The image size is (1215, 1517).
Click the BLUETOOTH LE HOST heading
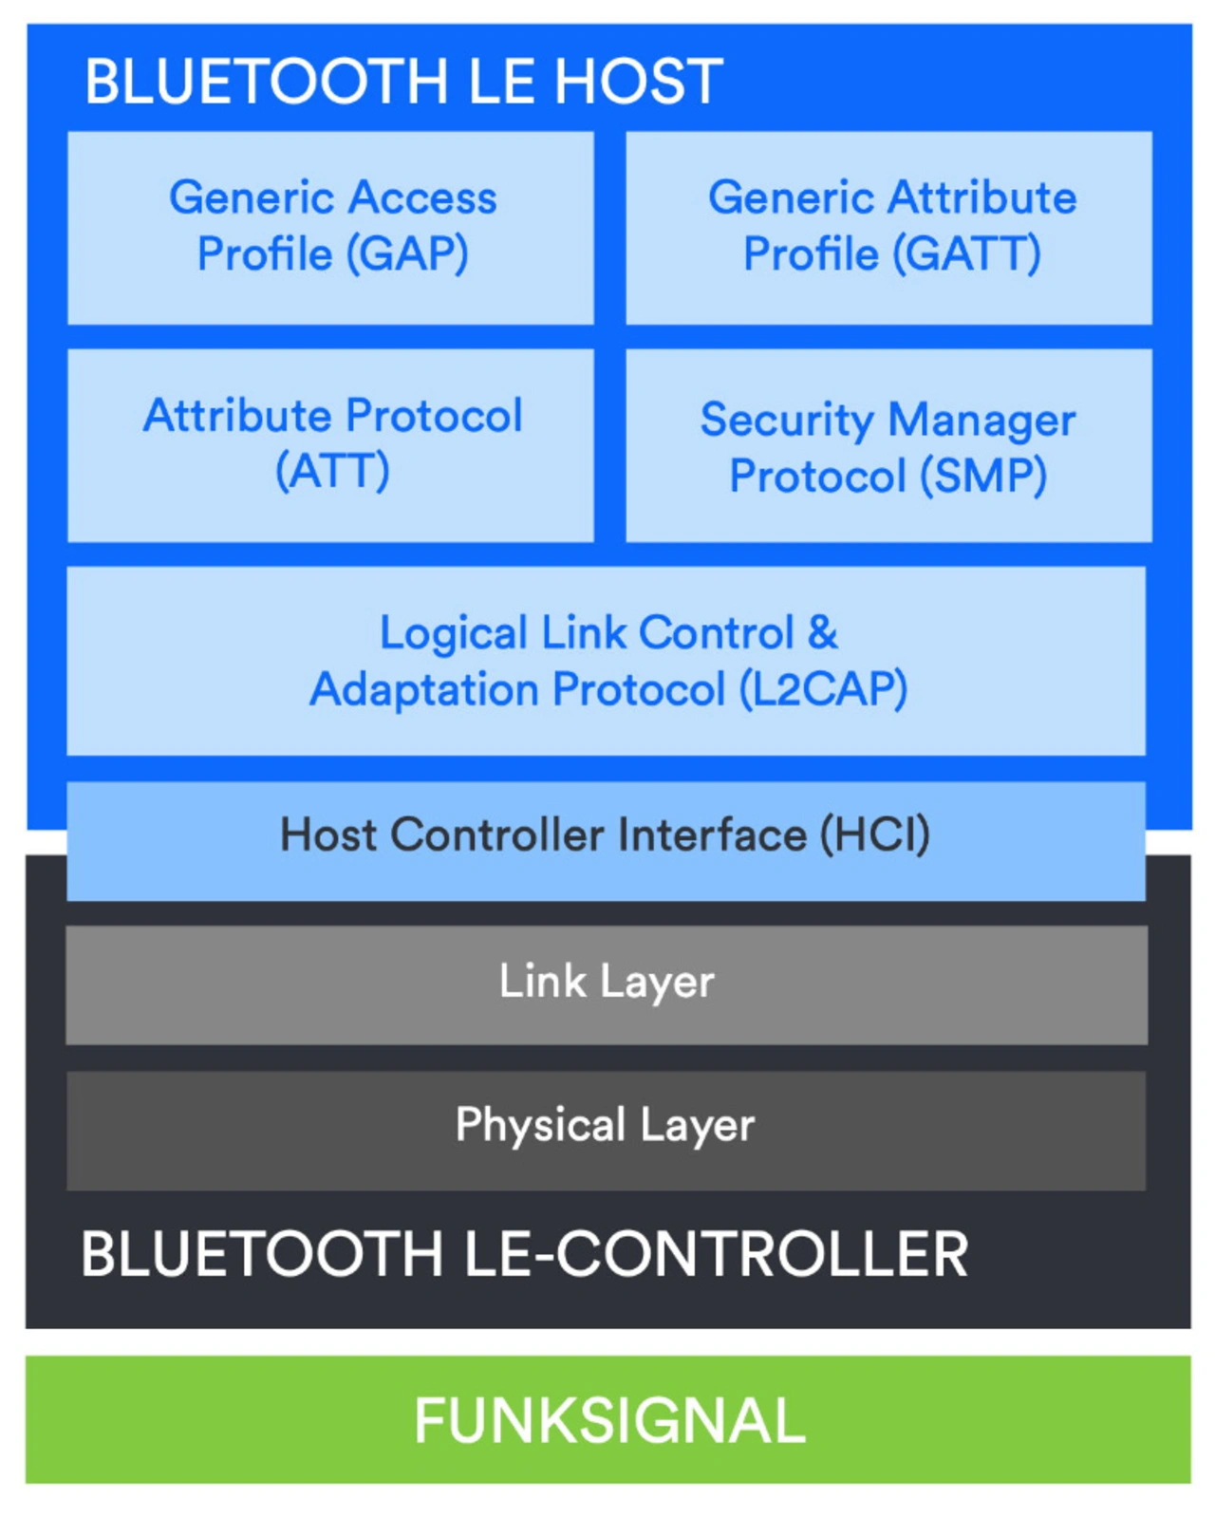(x=403, y=81)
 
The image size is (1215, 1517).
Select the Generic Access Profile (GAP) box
(x=330, y=228)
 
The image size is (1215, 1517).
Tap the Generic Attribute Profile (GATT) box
(x=888, y=228)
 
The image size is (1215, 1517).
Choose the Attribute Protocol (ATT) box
(x=330, y=445)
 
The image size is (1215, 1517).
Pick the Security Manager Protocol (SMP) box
(x=888, y=445)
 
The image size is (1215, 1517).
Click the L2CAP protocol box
(x=607, y=661)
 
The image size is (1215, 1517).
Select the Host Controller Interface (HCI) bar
(x=607, y=841)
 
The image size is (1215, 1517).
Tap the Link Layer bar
(x=607, y=984)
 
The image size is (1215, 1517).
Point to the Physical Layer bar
(x=607, y=1131)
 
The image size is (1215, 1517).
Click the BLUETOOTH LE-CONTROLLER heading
(x=525, y=1253)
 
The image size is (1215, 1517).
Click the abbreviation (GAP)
(x=409, y=253)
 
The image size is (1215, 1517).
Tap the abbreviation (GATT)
(x=967, y=253)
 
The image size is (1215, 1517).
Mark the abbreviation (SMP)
(x=983, y=476)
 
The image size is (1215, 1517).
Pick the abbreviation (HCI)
(x=874, y=834)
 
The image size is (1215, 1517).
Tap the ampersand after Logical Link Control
(x=822, y=631)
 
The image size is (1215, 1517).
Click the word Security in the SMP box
(x=787, y=421)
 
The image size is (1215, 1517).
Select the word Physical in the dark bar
(x=540, y=1125)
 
